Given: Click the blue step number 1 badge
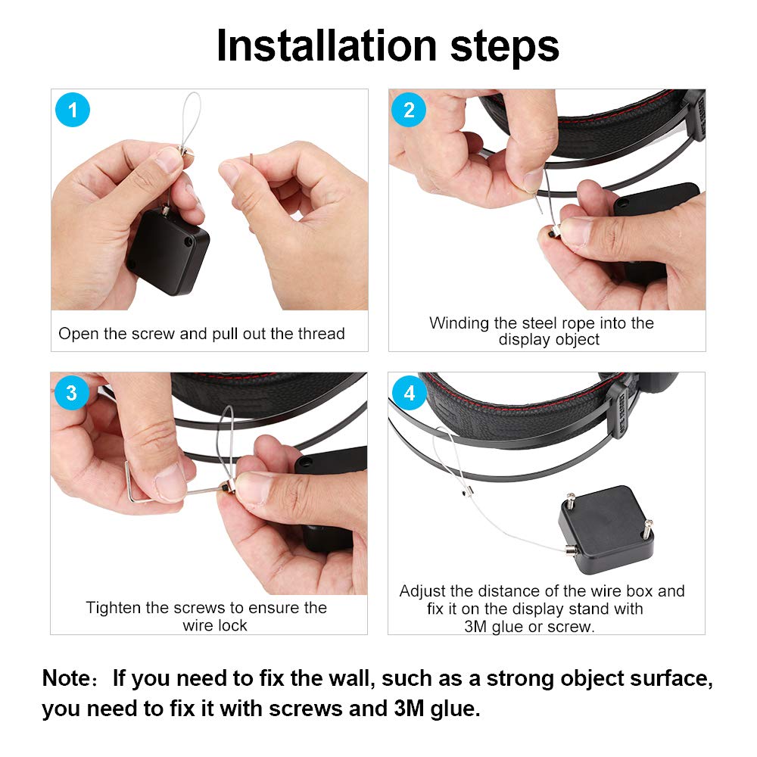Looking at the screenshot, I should (73, 111).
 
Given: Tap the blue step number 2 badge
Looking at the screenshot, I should (409, 111).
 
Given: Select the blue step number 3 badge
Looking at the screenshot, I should (71, 394).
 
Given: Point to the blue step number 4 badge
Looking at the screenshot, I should (410, 394).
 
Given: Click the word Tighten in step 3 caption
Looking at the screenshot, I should (114, 608).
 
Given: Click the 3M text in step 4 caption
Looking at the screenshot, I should (478, 626).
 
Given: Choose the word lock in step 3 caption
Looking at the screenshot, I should (232, 625).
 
